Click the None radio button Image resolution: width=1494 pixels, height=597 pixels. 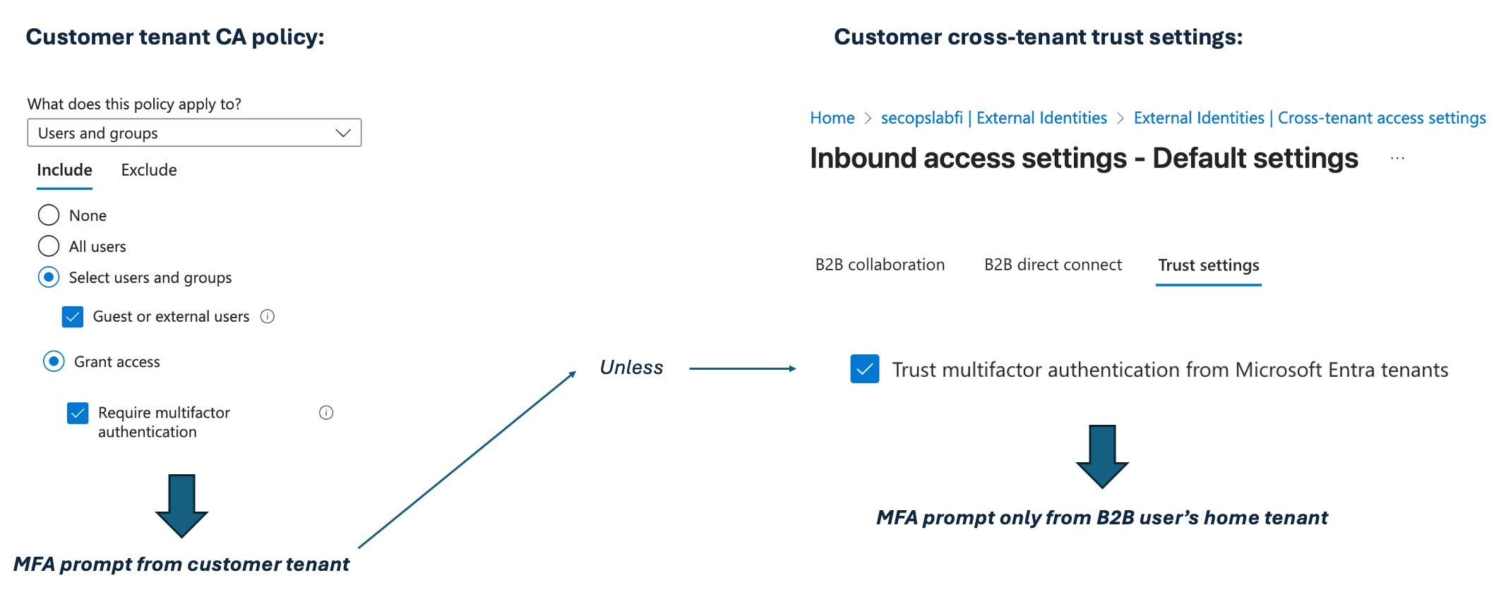(49, 215)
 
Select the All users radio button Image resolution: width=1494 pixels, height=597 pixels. (49, 246)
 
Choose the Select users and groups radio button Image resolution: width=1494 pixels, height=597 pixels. (49, 277)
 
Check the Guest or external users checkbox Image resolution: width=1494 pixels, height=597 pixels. (73, 317)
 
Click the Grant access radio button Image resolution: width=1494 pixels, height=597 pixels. (54, 362)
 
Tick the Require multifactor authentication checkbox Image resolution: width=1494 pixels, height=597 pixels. (78, 413)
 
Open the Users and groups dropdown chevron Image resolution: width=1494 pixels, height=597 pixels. (343, 133)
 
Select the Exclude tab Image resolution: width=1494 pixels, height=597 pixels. (148, 170)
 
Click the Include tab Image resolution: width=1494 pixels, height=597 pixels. (64, 170)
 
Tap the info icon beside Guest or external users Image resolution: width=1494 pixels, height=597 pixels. (268, 317)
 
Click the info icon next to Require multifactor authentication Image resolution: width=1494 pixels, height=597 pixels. (326, 413)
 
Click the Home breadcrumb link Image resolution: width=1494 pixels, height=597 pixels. (832, 118)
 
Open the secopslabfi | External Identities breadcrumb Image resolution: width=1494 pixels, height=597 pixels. (993, 118)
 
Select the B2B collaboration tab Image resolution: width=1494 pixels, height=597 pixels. (880, 265)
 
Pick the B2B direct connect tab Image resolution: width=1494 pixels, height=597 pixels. (1053, 265)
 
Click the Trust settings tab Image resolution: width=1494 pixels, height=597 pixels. (1208, 265)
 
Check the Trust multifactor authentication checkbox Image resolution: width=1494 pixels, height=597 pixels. (865, 369)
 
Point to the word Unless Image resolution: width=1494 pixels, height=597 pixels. (631, 368)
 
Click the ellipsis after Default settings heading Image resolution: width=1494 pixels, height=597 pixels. (1397, 159)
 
